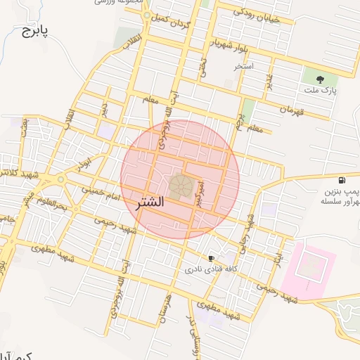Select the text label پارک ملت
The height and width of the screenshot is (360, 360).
click(321, 91)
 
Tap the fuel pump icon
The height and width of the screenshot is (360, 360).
click(341, 180)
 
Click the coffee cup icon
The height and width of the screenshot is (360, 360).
click(211, 259)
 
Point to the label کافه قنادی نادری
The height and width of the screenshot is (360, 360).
click(210, 269)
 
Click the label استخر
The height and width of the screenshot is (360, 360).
click(244, 66)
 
